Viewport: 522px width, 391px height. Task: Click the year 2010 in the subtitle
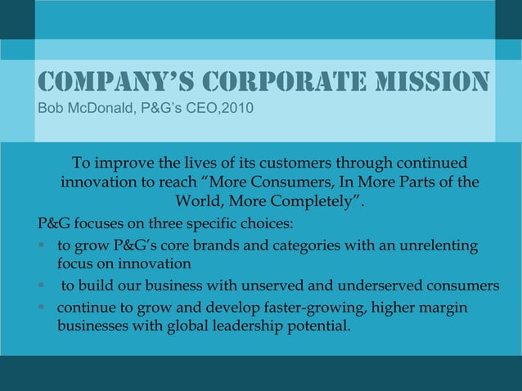(223, 108)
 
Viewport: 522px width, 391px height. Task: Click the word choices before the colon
(263, 223)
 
